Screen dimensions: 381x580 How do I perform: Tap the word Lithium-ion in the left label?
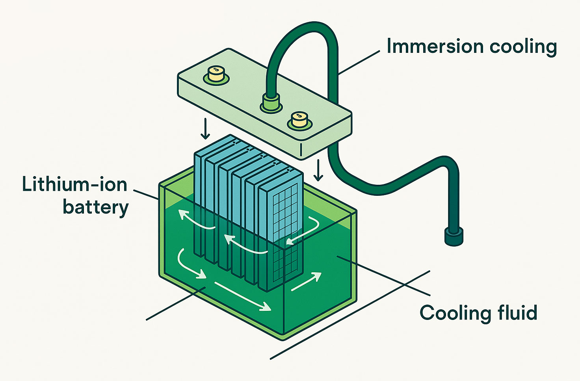(x=74, y=184)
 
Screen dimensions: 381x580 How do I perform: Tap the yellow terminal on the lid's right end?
(x=299, y=119)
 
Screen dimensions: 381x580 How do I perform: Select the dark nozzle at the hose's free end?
(x=454, y=236)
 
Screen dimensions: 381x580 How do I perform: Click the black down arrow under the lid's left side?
(x=205, y=130)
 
